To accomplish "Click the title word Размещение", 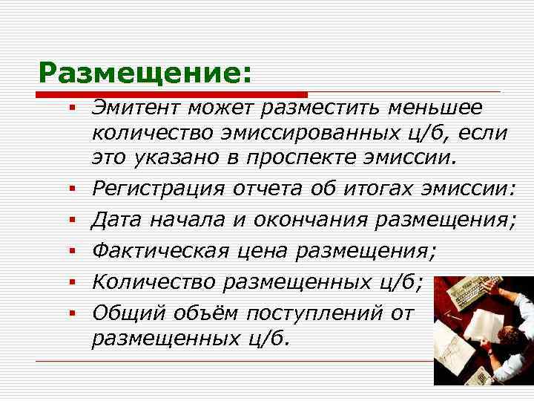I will pyautogui.click(x=140, y=73).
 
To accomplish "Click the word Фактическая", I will pyautogui.click(x=159, y=251).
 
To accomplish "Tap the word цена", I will pyautogui.click(x=264, y=251).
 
